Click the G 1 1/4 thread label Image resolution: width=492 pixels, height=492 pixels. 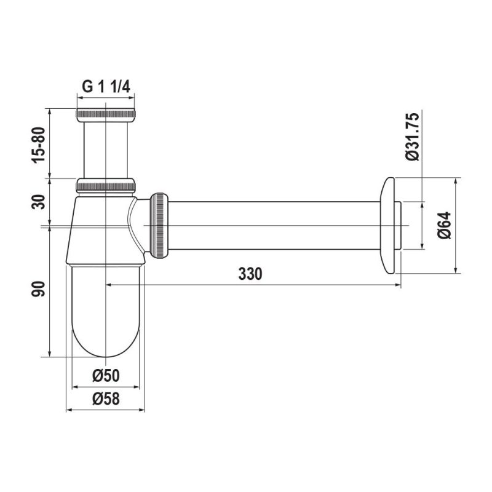(106, 86)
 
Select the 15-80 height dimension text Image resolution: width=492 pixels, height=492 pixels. (39, 145)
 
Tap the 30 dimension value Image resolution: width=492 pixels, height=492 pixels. (39, 202)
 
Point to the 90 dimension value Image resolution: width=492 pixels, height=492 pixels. (39, 289)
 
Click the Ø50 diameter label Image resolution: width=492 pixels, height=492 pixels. (106, 376)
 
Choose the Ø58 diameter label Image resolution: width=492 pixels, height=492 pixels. (106, 399)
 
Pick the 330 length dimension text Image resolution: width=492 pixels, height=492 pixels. (250, 274)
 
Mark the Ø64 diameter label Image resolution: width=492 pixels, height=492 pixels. (445, 225)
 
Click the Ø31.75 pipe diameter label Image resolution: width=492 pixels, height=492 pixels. (412, 137)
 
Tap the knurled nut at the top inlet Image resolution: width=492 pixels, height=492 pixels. (106, 115)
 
